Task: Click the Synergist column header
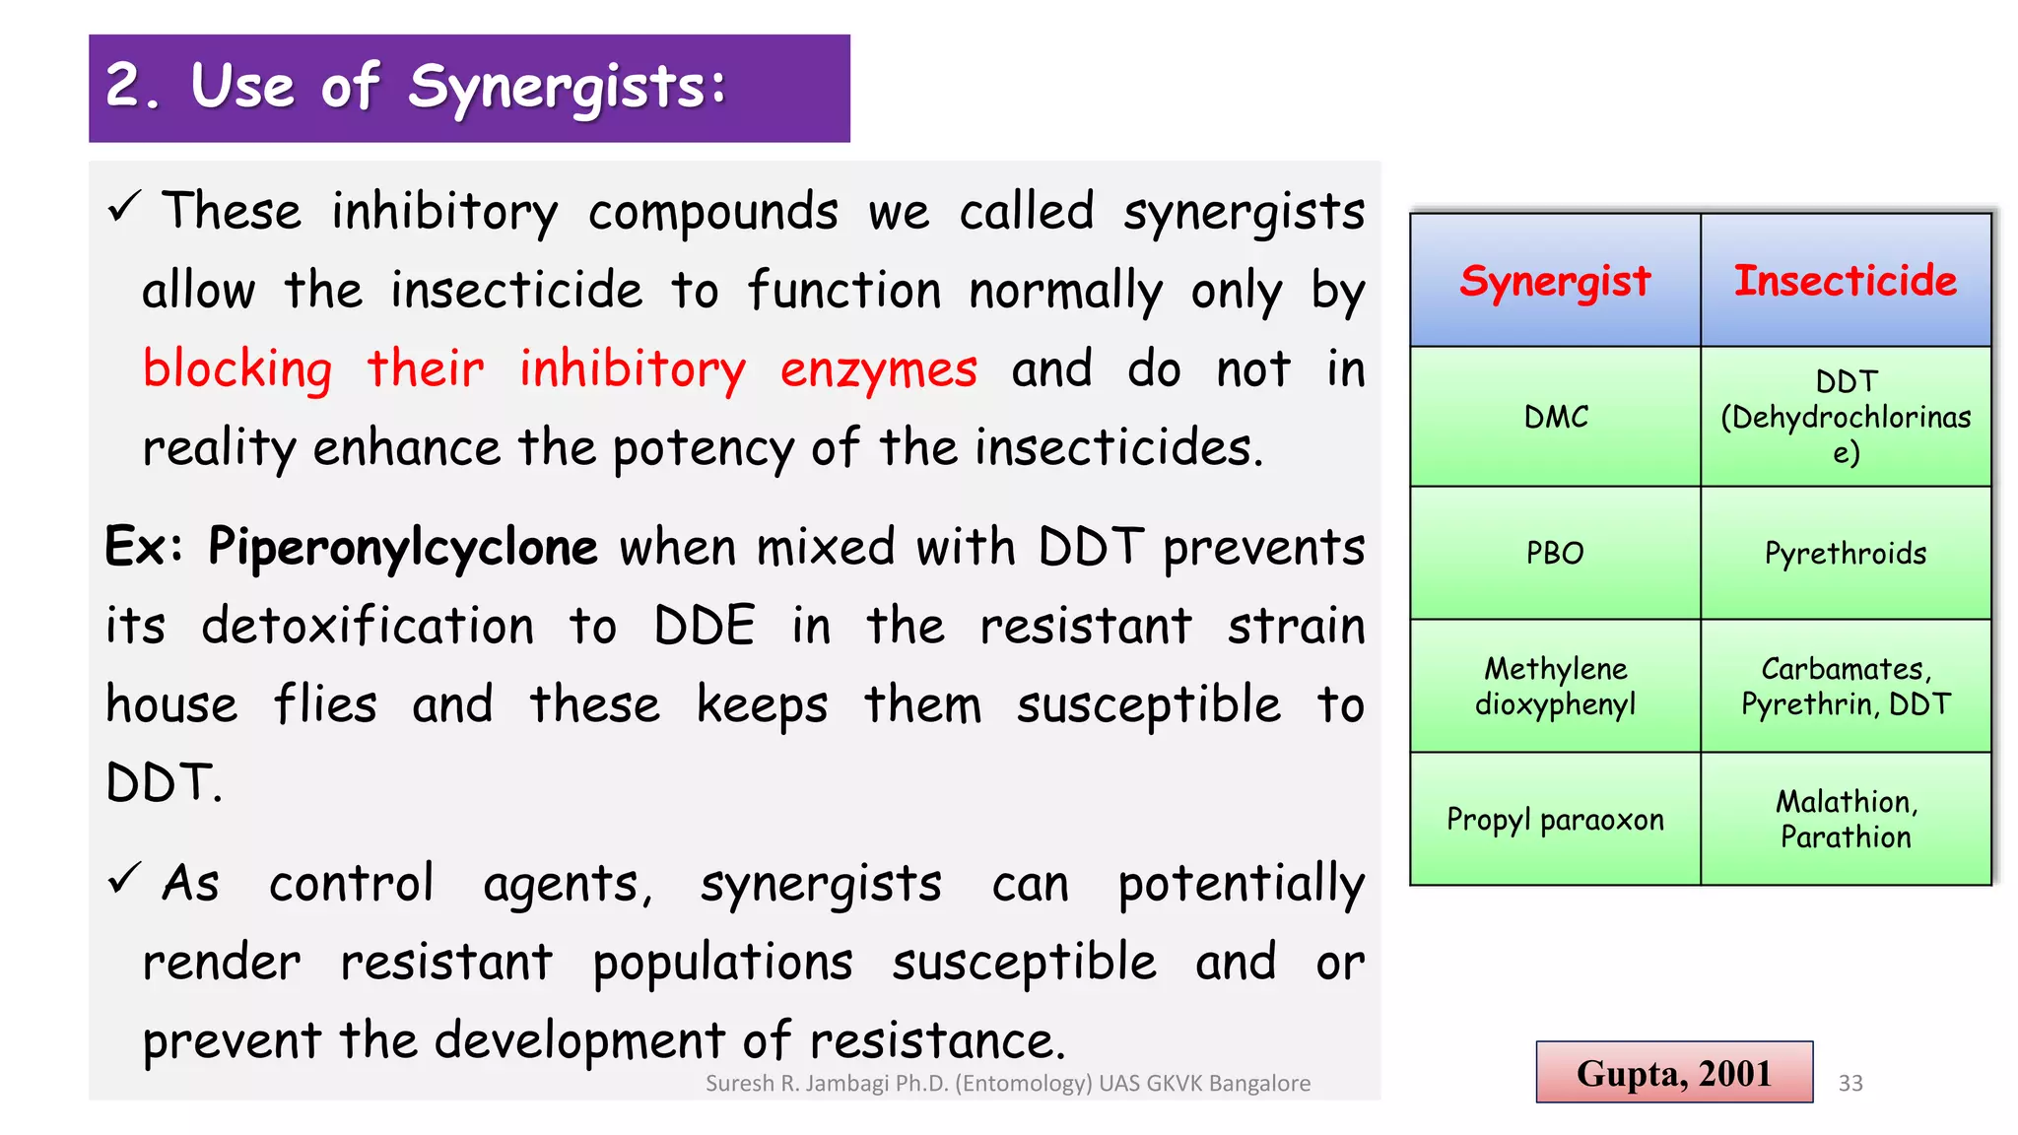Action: click(x=1555, y=281)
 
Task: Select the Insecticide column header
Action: click(x=1846, y=281)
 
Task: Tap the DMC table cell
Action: click(x=1555, y=417)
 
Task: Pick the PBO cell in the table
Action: click(x=1555, y=553)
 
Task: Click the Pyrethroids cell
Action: click(x=1846, y=553)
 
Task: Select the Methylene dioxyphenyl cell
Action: click(x=1555, y=686)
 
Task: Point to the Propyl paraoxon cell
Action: click(x=1555, y=819)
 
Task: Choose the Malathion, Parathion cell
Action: click(x=1846, y=819)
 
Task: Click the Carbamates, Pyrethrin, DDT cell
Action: click(x=1846, y=686)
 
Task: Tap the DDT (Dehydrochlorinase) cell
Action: click(x=1846, y=417)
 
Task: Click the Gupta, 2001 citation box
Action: click(x=1674, y=1072)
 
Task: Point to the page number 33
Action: click(x=1850, y=1083)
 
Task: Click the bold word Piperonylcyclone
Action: click(x=402, y=548)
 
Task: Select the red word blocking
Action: click(x=237, y=370)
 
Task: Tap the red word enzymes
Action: click(x=879, y=370)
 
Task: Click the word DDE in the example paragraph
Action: click(x=705, y=626)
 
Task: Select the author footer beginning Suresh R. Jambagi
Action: click(x=1008, y=1083)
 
